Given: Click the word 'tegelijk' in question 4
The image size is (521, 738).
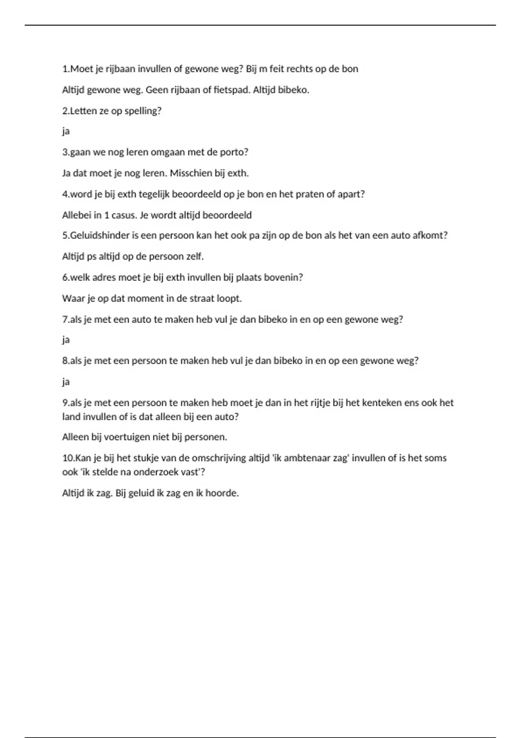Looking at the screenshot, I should [154, 194].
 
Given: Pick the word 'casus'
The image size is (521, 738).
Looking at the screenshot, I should [124, 215].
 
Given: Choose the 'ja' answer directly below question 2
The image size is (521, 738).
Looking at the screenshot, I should [66, 132].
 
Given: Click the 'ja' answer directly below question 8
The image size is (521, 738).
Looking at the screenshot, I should [66, 382].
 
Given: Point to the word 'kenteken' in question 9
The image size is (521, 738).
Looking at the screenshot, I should [381, 403].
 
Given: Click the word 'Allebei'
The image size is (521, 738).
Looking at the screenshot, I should [76, 215].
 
